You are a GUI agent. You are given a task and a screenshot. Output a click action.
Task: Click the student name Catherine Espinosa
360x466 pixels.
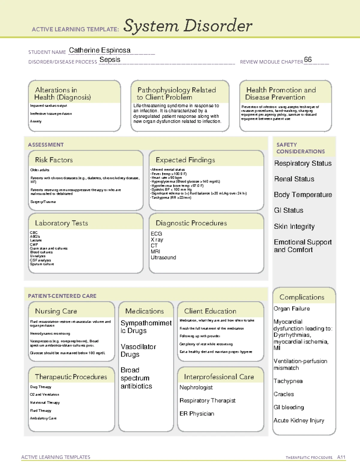click(100, 50)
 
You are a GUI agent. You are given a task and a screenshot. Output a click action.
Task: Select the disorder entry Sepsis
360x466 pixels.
click(110, 60)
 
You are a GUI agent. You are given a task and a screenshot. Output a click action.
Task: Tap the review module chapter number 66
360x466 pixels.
click(308, 59)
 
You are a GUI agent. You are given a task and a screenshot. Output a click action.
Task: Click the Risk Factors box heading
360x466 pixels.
click(54, 160)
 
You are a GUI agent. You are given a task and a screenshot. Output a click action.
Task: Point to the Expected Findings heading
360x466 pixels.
click(185, 160)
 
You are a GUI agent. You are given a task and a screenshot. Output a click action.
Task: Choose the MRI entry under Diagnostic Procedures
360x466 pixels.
click(155, 251)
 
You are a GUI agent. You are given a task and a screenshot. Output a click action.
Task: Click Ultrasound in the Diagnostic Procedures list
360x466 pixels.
click(163, 257)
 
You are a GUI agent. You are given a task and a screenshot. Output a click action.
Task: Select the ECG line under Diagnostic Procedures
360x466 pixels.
click(156, 233)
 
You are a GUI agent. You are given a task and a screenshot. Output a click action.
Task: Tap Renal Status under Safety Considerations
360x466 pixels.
click(294, 179)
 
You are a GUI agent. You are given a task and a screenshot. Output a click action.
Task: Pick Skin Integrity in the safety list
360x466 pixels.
click(294, 227)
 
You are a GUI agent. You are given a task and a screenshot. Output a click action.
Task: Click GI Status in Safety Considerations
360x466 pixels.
click(288, 210)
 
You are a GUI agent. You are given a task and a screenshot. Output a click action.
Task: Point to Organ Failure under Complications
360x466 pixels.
click(292, 308)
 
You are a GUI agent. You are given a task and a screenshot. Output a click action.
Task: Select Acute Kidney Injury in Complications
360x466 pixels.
click(299, 420)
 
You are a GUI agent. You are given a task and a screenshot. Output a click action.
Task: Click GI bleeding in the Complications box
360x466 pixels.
click(289, 407)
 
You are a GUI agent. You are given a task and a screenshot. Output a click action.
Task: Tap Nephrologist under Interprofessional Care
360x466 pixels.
click(196, 387)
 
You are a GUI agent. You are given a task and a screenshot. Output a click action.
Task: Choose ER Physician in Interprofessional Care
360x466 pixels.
click(197, 413)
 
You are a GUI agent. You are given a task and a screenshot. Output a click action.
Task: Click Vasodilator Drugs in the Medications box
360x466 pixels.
click(138, 350)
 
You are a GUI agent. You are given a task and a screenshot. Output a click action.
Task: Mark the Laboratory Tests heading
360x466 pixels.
click(61, 223)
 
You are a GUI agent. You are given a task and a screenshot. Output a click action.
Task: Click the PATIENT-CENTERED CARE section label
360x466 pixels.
click(62, 296)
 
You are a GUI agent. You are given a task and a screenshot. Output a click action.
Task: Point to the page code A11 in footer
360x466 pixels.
click(341, 457)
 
